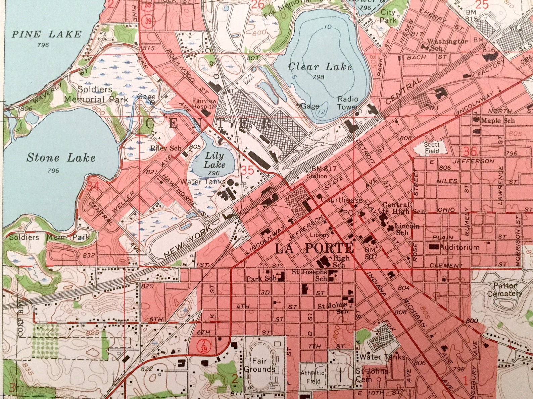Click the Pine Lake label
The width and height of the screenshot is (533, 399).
[x=47, y=34]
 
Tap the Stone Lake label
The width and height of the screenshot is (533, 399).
[x=61, y=158]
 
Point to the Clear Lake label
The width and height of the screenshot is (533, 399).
[x=320, y=67]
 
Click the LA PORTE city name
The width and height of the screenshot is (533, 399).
[x=314, y=249]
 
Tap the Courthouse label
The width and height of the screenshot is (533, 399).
[x=341, y=200]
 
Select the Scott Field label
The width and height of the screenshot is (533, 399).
[x=431, y=148]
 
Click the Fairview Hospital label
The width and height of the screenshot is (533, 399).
[x=204, y=103]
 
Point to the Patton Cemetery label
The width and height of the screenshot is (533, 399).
[x=507, y=290]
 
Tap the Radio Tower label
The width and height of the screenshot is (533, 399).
[x=348, y=103]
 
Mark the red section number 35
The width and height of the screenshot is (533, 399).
[x=248, y=171]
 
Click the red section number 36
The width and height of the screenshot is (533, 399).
[x=470, y=151]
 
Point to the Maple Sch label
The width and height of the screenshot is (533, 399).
[x=497, y=120]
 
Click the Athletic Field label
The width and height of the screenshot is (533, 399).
[x=313, y=377]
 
